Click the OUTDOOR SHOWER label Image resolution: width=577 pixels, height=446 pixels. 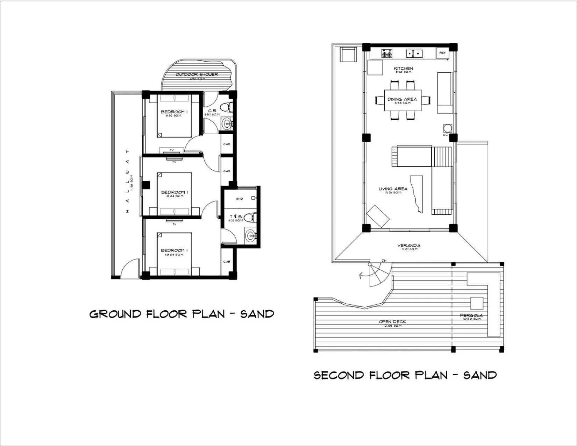tap(197, 75)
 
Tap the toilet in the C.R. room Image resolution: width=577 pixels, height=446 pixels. tap(226, 106)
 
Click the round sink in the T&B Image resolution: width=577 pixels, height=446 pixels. tap(250, 235)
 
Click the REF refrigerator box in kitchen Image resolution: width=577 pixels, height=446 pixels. tap(442, 53)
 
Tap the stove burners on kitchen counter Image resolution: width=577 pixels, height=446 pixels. tap(386, 54)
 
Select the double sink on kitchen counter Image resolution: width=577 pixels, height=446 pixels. tap(414, 54)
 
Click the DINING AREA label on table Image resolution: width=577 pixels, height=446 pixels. tap(402, 99)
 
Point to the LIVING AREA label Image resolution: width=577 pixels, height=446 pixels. tap(393, 189)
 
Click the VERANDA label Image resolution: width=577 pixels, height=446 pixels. tap(408, 246)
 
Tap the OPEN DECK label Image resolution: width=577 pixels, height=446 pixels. tap(392, 322)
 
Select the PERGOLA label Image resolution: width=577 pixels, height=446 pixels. tap(471, 316)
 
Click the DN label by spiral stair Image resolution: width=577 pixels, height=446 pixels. tap(384, 261)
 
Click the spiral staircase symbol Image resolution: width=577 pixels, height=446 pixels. tap(379, 275)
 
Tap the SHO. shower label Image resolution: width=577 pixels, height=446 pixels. tap(240, 199)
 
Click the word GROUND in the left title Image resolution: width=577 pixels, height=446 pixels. tap(115, 314)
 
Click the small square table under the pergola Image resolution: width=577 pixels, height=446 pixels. tap(476, 302)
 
